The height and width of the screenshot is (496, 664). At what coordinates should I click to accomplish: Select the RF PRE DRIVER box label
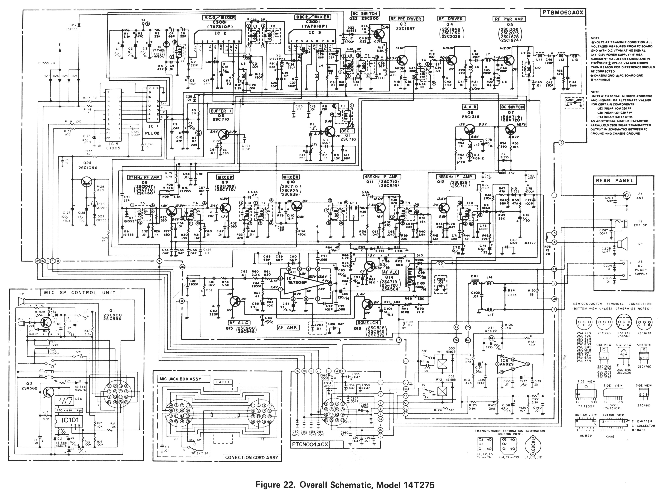tap(405, 19)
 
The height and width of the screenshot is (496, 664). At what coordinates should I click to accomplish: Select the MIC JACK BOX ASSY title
tap(179, 379)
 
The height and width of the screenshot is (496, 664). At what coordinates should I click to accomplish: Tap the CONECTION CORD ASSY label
tap(251, 457)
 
